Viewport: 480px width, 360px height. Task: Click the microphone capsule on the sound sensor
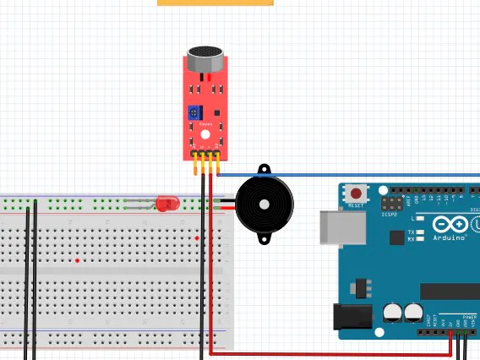tap(205, 59)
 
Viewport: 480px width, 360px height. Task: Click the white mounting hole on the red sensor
tap(205, 134)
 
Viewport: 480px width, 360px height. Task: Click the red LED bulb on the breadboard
tap(168, 204)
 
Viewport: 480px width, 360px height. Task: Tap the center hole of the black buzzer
tap(265, 204)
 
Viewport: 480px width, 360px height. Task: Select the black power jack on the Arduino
tap(353, 317)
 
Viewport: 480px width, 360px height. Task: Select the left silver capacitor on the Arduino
tap(392, 313)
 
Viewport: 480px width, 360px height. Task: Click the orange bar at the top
tap(215, 3)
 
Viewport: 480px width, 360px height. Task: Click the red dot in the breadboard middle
tap(77, 260)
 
